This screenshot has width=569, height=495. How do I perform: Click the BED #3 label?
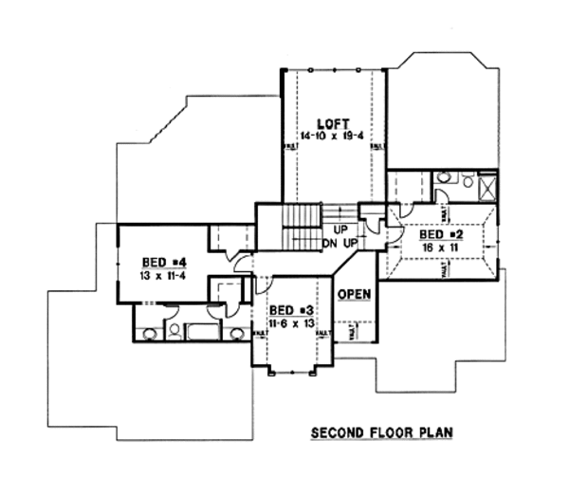point(288,310)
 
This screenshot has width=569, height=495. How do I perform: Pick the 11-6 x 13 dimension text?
point(288,322)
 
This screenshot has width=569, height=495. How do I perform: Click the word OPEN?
point(353,293)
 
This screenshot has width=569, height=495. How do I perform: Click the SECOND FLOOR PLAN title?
point(382,433)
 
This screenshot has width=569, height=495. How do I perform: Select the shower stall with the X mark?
point(487,187)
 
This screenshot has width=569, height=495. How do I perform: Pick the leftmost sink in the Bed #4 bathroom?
point(148,333)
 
